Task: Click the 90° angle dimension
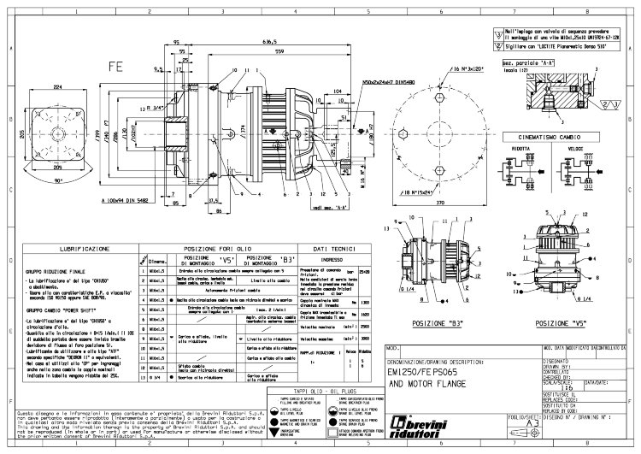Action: [x=58, y=183]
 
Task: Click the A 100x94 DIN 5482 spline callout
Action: [x=117, y=200]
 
